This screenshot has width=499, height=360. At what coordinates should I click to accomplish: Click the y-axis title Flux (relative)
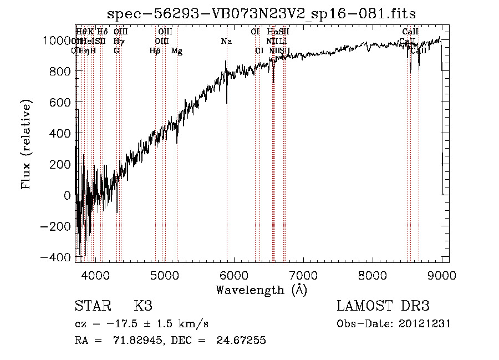point(26,144)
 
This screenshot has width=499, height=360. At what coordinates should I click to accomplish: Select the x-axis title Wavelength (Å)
point(261,290)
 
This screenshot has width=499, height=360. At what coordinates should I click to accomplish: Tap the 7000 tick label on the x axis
point(303,274)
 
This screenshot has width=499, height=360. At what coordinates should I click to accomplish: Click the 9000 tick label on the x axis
point(441,274)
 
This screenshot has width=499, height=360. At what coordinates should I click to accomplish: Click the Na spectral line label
point(226,41)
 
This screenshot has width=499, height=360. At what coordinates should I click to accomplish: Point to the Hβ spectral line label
point(155,51)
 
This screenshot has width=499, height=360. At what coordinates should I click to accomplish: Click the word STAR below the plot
point(91,306)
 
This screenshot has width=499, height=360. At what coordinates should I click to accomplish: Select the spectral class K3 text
point(143,306)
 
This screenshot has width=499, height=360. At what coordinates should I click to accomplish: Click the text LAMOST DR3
point(383,306)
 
